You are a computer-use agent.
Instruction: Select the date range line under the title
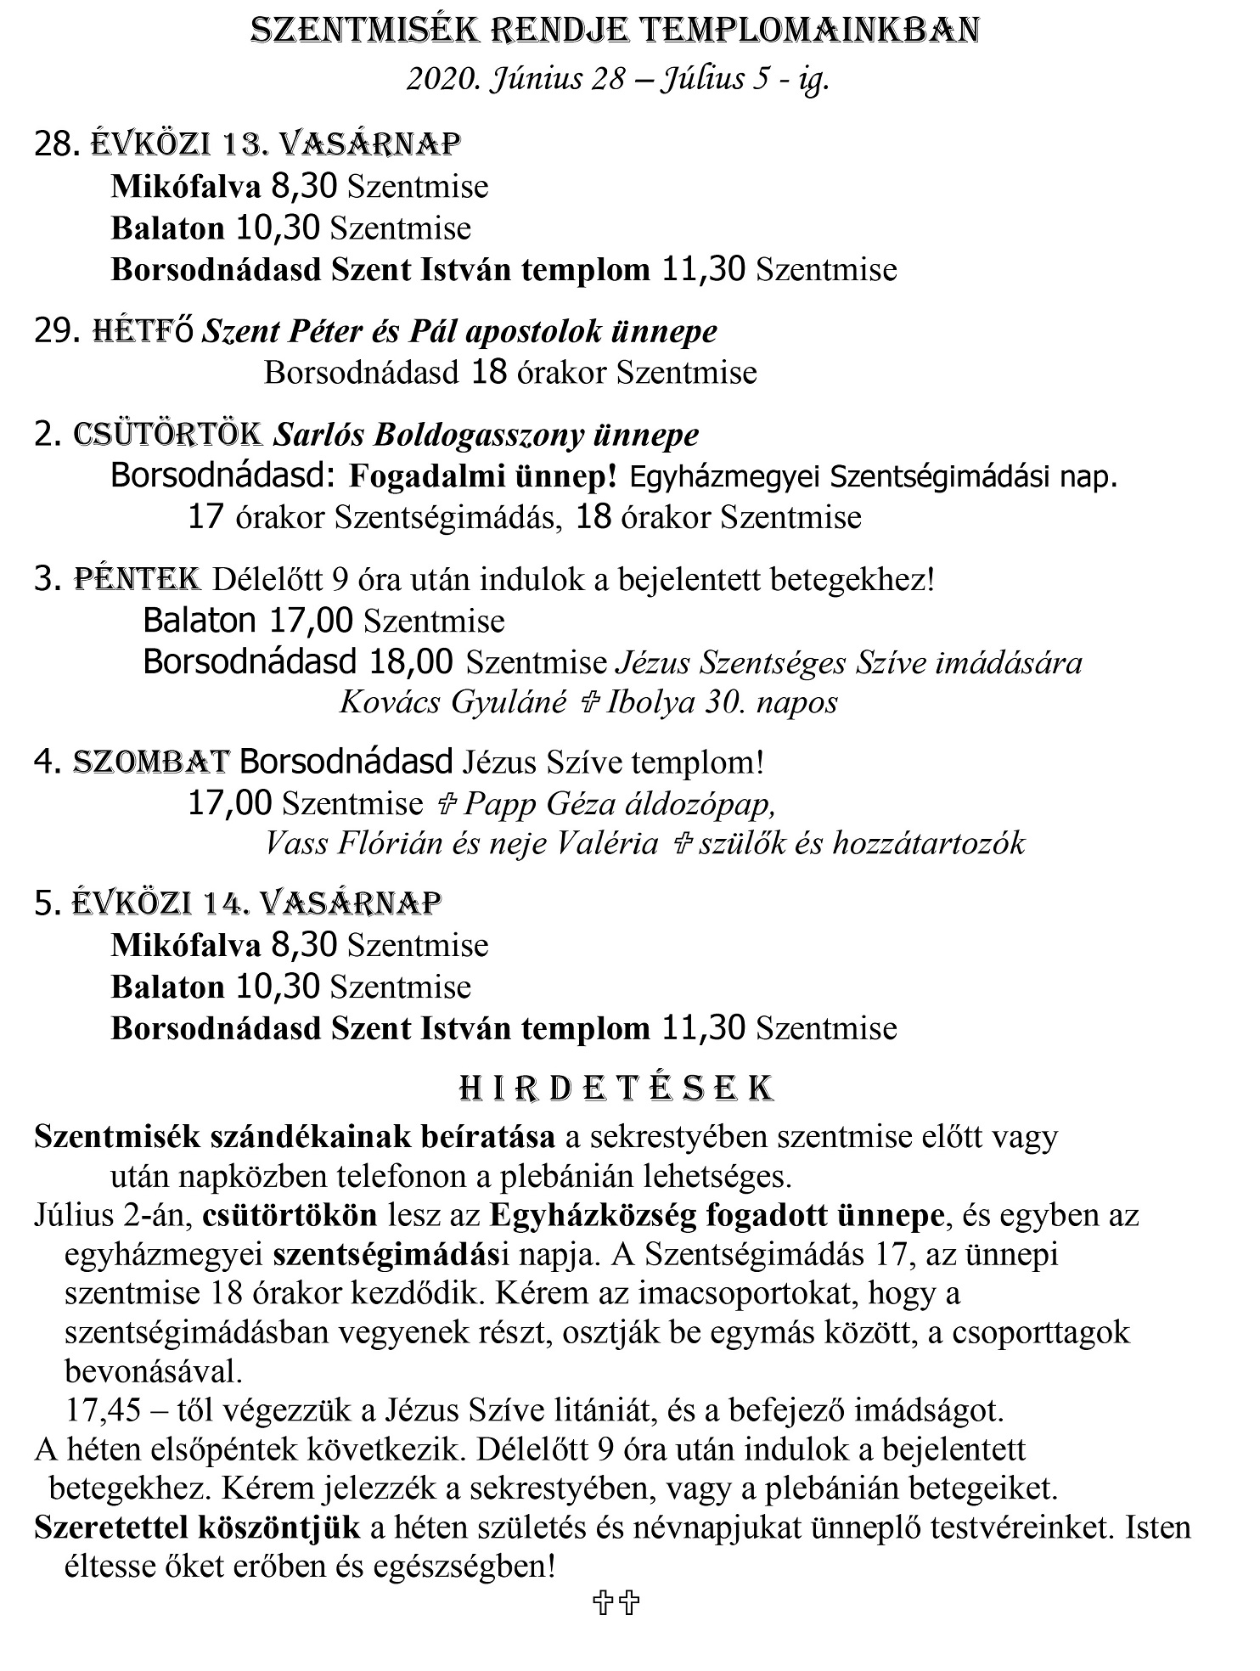point(618,80)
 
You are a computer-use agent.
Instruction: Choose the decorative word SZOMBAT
point(151,762)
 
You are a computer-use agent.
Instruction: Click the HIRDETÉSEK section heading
point(616,1089)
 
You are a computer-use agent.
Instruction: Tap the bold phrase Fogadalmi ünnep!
point(482,477)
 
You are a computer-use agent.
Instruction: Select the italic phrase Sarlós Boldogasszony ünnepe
point(486,435)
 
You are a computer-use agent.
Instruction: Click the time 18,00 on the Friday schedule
point(411,661)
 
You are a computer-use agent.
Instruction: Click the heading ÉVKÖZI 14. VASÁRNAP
point(256,903)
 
